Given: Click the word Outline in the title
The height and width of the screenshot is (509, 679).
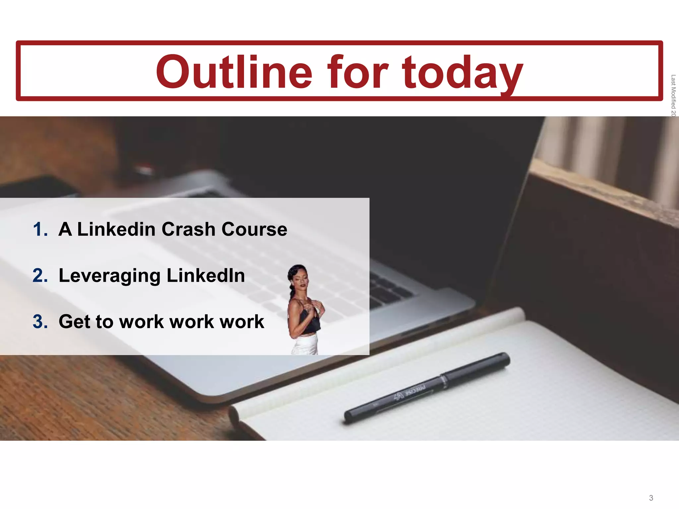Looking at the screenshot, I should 234,72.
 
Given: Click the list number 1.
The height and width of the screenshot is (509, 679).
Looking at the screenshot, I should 40,229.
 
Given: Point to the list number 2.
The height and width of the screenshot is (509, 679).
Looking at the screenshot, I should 40,276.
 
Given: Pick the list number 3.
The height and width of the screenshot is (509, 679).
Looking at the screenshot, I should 40,322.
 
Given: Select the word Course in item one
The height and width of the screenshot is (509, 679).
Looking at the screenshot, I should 254,229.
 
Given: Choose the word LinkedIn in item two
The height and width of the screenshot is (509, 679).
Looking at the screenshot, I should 206,275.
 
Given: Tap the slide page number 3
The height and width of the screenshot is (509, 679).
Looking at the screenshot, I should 651,498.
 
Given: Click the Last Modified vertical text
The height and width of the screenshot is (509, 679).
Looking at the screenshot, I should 673,95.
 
